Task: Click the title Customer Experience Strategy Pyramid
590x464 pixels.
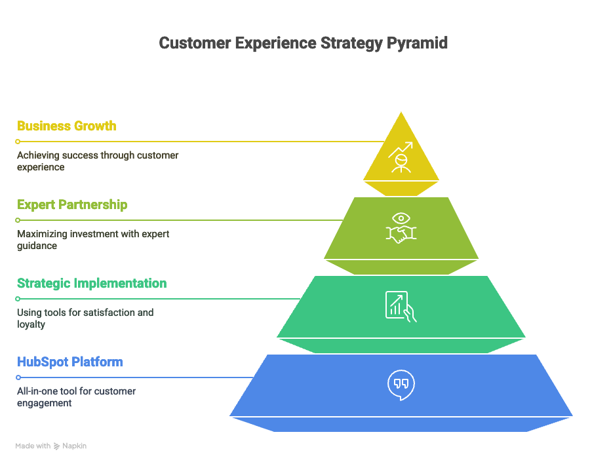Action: tap(304, 43)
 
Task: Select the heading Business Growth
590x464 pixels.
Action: tap(67, 126)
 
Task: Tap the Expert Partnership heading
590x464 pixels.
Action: tap(72, 204)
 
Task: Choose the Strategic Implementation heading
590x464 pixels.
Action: tap(92, 283)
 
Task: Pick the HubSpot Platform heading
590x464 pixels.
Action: tap(70, 362)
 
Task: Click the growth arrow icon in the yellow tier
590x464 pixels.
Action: tap(401, 157)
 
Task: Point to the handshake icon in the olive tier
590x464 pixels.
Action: tap(401, 229)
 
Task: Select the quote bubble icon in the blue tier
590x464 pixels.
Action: tap(401, 385)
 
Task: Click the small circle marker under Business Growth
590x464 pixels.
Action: tap(18, 142)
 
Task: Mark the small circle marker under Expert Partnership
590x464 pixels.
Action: tap(18, 220)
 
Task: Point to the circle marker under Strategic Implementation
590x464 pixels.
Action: tap(18, 299)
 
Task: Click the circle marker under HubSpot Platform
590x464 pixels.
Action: tap(18, 377)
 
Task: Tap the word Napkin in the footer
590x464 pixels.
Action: tap(75, 446)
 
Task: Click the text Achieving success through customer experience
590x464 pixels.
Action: tap(98, 161)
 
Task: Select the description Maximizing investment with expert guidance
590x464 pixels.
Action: tap(93, 240)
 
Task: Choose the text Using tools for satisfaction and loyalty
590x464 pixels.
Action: tap(85, 319)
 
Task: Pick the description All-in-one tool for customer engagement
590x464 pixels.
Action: tap(76, 397)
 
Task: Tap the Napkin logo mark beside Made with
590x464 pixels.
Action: tap(57, 446)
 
